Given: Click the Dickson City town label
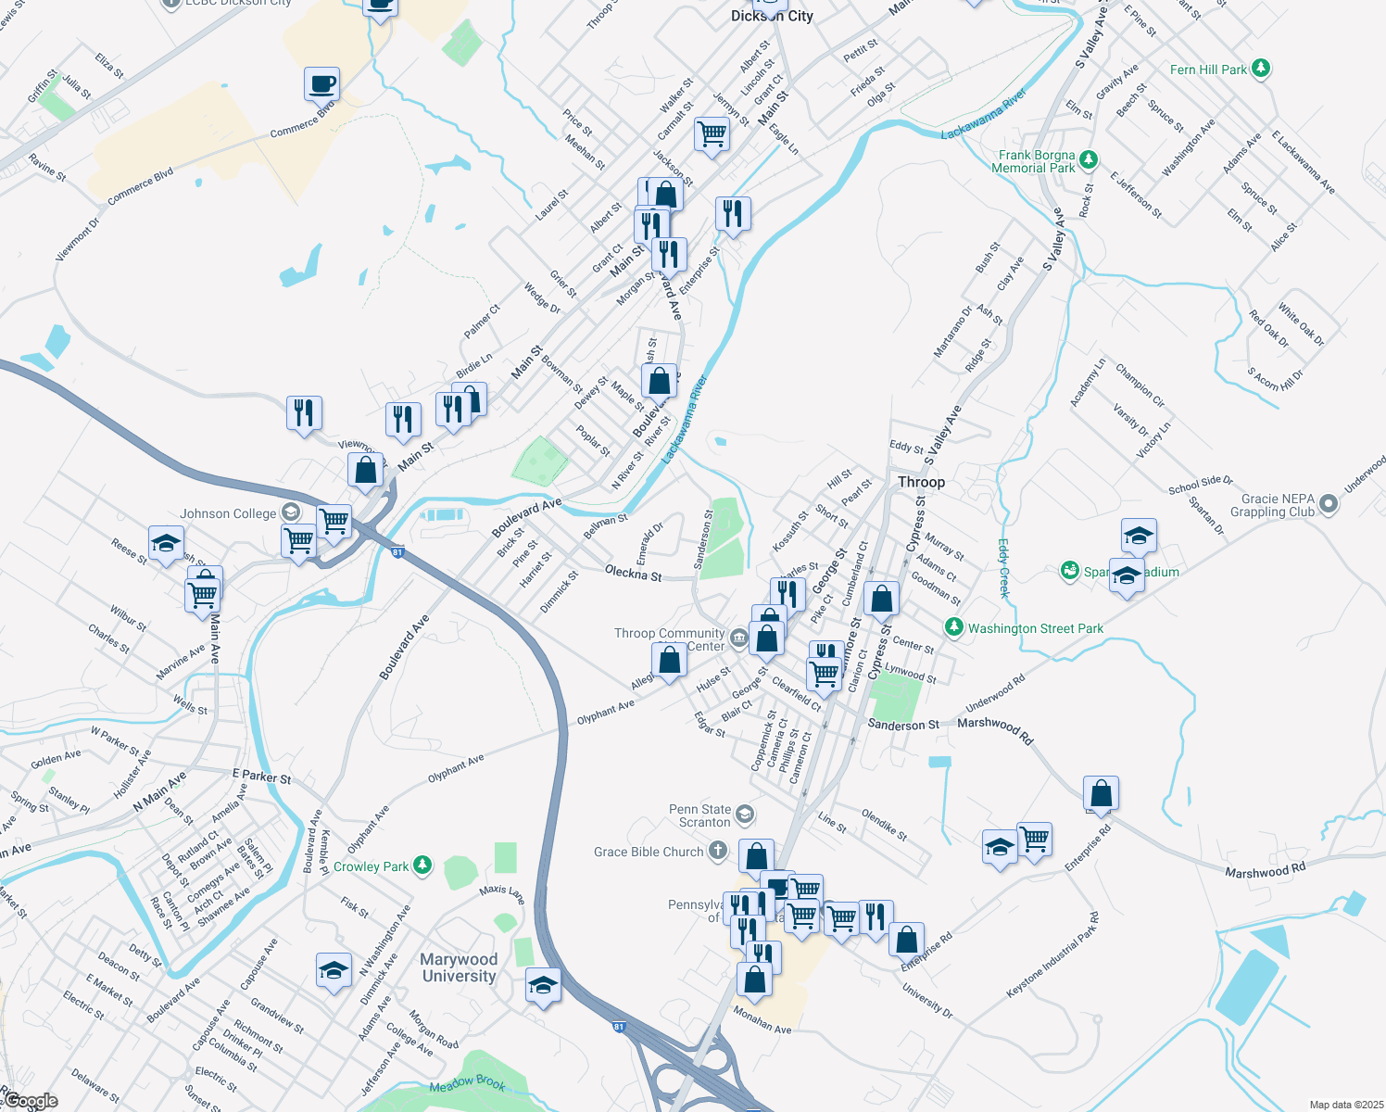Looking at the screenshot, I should coord(772,16).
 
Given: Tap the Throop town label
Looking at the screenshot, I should coord(921,482).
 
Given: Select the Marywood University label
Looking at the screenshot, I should coord(459,967).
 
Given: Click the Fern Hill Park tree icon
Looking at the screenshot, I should coord(1260,69).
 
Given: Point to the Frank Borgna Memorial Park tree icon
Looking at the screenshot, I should coord(1089,160).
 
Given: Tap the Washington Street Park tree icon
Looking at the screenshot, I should coord(953,627).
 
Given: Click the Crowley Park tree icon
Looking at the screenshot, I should coord(422,866).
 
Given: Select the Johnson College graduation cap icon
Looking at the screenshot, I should coord(291,512).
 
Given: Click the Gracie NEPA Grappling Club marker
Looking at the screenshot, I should coord(1329,504).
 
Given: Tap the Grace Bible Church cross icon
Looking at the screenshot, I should coord(718,851).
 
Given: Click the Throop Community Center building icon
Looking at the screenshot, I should coord(738,638).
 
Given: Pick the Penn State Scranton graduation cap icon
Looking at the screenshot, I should coord(745,815).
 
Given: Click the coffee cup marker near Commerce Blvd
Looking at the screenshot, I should coord(321,84).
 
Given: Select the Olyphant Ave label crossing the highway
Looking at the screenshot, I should coord(606,712).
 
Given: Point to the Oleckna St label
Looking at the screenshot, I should coord(633,575).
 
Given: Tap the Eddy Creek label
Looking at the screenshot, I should coord(1002,567).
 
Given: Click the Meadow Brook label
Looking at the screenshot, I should coord(468,1082).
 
